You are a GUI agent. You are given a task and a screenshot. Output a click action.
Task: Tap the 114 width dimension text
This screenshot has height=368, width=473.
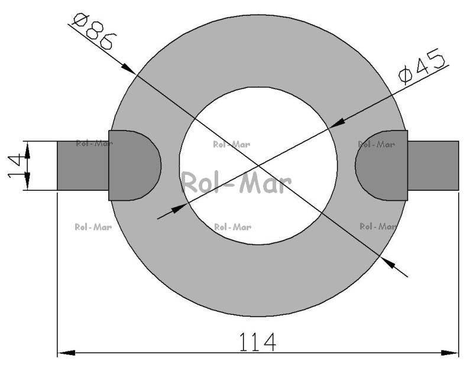tap(257, 342)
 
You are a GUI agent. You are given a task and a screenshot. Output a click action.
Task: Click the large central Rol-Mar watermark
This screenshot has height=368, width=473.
tap(236, 183)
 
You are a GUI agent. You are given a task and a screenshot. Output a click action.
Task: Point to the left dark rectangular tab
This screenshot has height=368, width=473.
tap(83, 166)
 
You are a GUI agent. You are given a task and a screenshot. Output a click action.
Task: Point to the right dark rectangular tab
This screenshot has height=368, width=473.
tap(433, 166)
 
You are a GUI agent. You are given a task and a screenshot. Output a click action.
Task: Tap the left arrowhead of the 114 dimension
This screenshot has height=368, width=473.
tap(66, 353)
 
